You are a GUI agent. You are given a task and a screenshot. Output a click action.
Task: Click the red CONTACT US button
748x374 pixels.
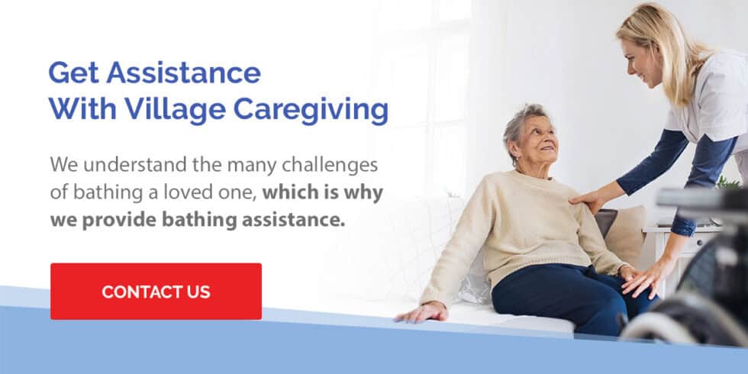pos(156,291)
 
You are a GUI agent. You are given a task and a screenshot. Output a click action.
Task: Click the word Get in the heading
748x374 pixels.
pos(74,73)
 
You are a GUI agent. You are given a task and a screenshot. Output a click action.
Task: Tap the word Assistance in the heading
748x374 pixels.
pos(184,73)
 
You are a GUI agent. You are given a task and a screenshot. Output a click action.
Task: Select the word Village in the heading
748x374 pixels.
pos(175,111)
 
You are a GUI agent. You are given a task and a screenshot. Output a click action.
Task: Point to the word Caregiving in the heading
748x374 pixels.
pos(311,111)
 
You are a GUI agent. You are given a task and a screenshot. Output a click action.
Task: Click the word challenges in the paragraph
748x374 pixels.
pos(330,166)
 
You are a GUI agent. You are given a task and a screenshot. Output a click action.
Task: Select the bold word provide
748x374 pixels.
pos(125,221)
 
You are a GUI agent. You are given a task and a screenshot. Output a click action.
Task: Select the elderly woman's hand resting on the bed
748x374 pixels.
pos(421,313)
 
